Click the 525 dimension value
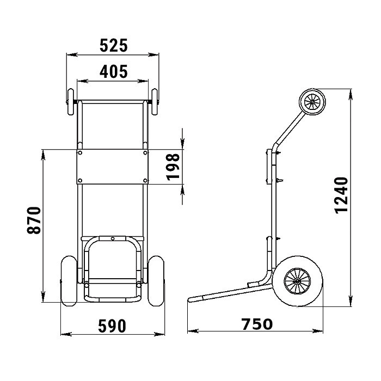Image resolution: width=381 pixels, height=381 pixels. [x=113, y=46]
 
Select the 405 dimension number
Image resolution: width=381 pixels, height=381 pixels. [x=113, y=72]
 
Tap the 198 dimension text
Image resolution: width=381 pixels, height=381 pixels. [x=174, y=167]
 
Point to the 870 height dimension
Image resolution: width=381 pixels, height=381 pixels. [x=34, y=220]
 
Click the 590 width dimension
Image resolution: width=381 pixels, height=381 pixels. [x=112, y=326]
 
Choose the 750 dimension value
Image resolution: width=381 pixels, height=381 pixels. [x=257, y=324]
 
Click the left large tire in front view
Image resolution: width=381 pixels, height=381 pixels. [x=69, y=281]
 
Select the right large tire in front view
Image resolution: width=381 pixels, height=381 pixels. [x=156, y=281]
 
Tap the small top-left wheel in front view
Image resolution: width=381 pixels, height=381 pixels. [x=71, y=102]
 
